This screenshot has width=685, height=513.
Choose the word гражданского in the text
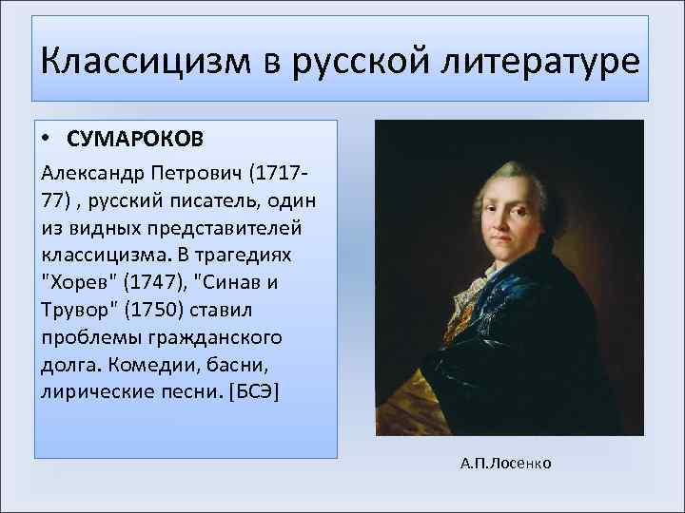point(199,338)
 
